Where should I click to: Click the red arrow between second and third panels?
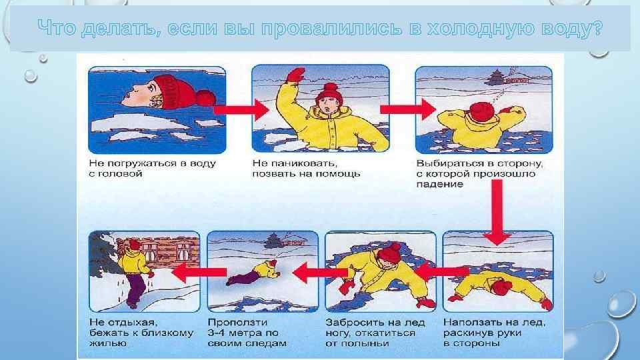click(401, 108)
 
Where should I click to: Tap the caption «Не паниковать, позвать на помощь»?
click(307, 167)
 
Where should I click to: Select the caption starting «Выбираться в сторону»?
click(475, 173)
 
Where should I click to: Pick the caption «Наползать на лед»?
click(494, 332)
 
